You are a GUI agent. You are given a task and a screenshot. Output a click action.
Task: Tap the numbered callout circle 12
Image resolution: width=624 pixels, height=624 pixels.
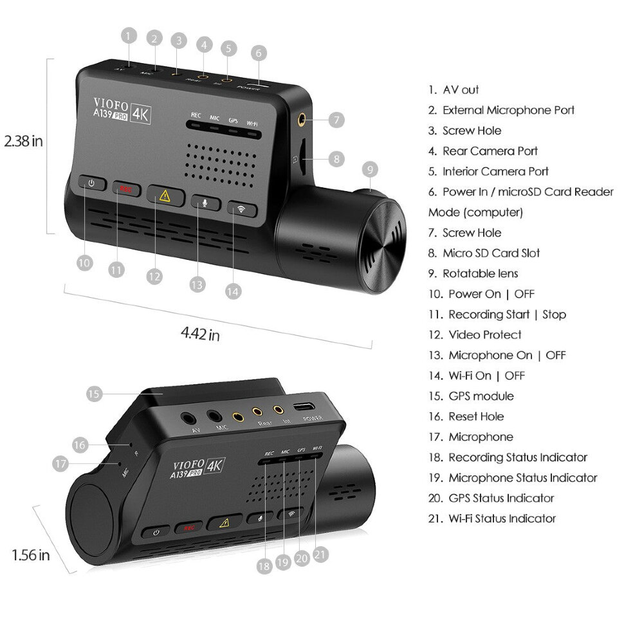click(154, 277)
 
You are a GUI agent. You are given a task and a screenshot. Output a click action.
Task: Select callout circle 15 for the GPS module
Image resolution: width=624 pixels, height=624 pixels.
click(94, 394)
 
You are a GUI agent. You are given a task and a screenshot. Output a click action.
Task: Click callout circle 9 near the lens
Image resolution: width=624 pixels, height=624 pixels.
click(369, 170)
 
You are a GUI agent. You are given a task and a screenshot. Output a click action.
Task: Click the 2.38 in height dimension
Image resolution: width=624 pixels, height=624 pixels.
click(23, 141)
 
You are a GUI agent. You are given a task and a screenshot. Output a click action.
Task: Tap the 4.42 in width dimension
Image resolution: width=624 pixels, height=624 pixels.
click(199, 335)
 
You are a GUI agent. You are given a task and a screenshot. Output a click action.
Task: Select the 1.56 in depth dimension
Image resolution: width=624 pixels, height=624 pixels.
click(30, 555)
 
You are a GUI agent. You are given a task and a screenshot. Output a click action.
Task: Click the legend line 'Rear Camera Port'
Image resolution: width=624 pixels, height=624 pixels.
click(490, 151)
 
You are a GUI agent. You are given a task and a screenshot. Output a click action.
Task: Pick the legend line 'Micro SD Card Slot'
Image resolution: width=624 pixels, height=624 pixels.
click(491, 253)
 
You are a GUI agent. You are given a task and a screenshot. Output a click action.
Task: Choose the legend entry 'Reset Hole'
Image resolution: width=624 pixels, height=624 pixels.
click(476, 417)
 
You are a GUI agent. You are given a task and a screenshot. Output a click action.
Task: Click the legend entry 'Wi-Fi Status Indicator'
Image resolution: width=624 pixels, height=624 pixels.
click(502, 518)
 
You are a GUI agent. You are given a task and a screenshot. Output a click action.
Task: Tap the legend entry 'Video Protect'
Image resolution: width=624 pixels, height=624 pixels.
click(484, 335)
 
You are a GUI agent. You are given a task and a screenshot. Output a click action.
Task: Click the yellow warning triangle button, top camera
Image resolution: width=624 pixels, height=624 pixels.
click(165, 196)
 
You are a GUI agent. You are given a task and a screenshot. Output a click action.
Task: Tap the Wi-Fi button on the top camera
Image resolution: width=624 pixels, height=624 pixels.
click(242, 210)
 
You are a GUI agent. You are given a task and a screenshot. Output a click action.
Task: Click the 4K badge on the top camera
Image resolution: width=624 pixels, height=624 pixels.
click(140, 114)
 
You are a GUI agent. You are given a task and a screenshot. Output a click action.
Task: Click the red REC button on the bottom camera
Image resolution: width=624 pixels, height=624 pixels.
click(189, 528)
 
